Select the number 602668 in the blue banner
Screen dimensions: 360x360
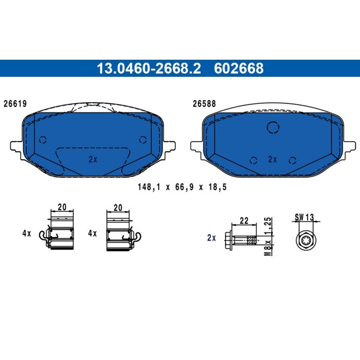click(239, 69)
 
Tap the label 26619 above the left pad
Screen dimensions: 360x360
click(15, 103)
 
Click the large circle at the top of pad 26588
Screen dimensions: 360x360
click(273, 128)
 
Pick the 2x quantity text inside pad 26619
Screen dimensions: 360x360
click(93, 159)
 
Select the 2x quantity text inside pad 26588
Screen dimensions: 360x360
click(273, 159)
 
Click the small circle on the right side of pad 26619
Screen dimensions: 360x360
click(143, 140)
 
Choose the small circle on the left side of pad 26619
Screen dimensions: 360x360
click(43, 140)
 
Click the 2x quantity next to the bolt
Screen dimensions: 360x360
click(210, 237)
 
